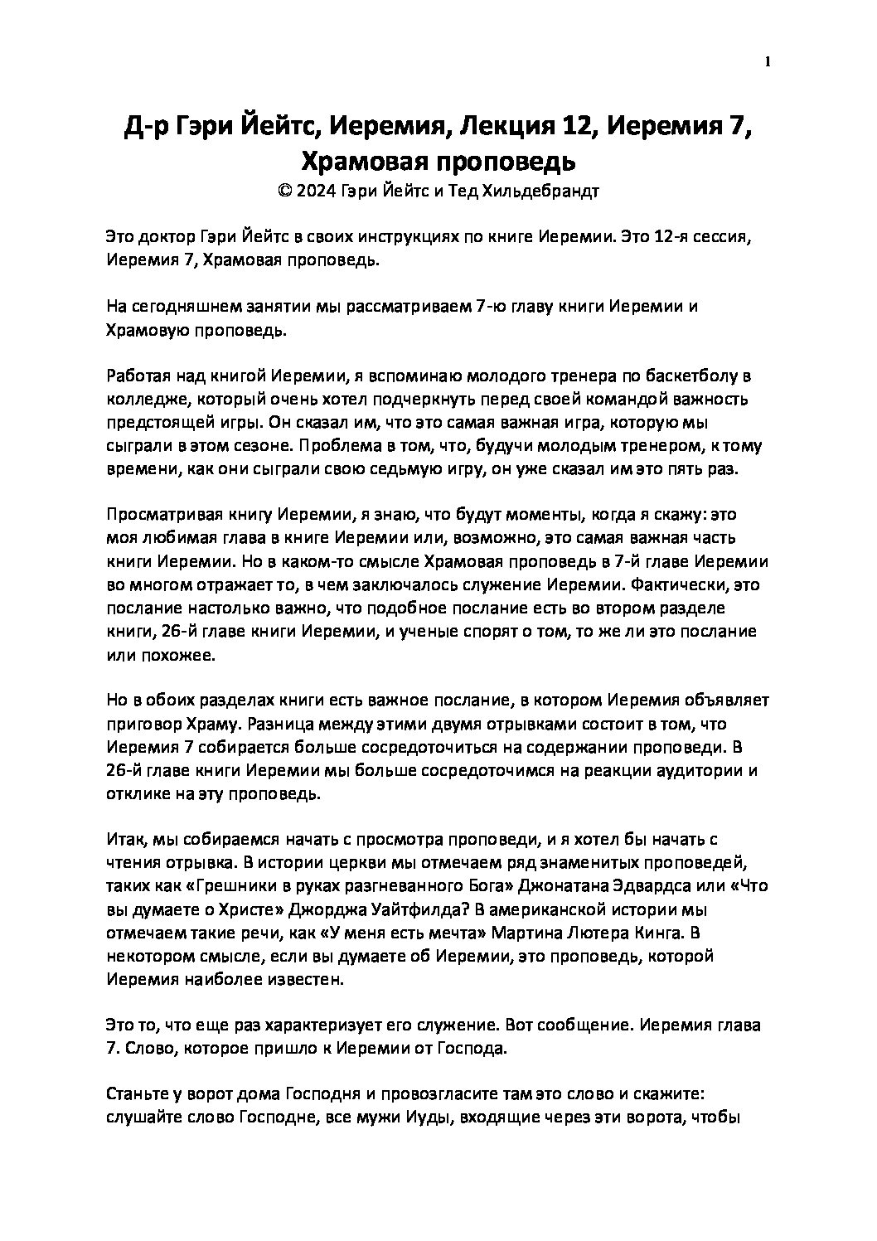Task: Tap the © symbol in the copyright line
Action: coord(284,191)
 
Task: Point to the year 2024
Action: coord(316,191)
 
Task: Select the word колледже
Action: coord(147,399)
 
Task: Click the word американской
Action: coord(579,909)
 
